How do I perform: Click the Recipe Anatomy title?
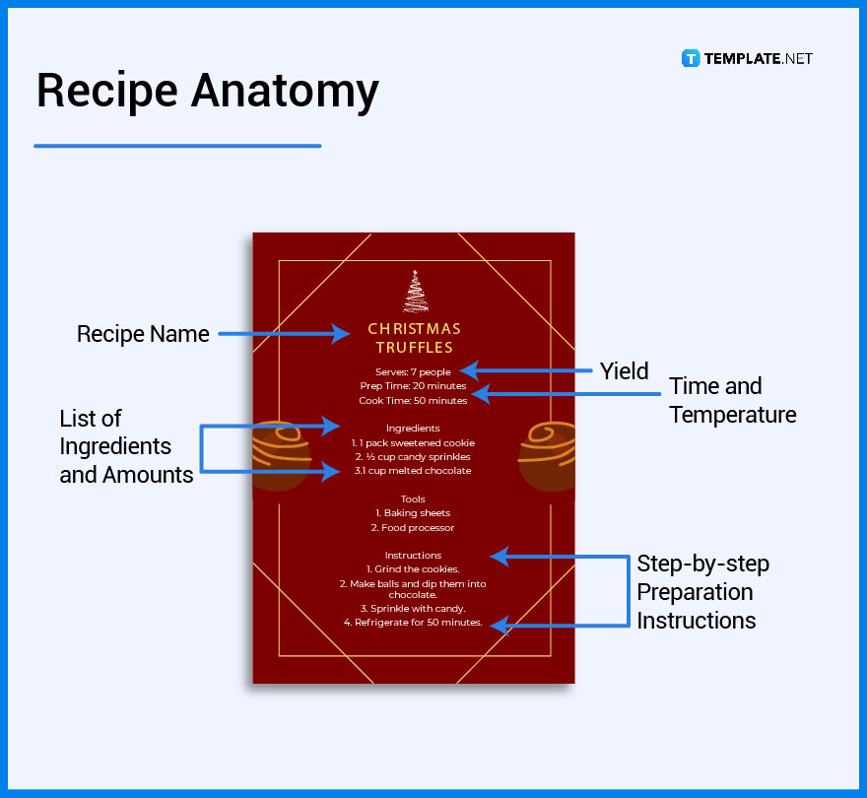[x=207, y=92]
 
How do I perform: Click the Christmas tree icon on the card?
[x=415, y=292]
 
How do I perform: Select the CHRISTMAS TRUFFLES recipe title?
[x=414, y=338]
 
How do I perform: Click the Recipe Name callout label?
[x=143, y=334]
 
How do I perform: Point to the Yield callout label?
[x=625, y=370]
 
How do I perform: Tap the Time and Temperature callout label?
[x=732, y=400]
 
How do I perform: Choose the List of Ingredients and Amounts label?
[x=126, y=446]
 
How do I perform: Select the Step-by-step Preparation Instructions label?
[x=702, y=592]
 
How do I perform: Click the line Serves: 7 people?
[x=413, y=371]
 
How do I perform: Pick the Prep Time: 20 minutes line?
[x=413, y=386]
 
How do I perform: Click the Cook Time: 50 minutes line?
[x=413, y=401]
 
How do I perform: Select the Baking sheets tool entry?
[x=413, y=513]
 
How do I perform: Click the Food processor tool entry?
[x=413, y=528]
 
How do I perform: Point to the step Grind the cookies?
[x=413, y=569]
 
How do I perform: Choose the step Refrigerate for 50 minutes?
[x=413, y=623]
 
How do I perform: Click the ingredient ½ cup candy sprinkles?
[x=413, y=457]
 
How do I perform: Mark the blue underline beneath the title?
[x=177, y=146]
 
